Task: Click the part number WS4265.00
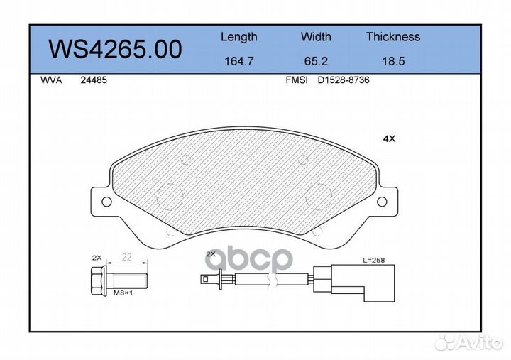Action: click(115, 49)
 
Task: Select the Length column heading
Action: click(239, 37)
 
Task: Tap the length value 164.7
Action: click(239, 61)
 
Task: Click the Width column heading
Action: click(316, 36)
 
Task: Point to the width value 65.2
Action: click(316, 61)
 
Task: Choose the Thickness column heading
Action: click(393, 36)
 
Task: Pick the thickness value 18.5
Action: click(393, 61)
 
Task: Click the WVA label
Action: click(51, 80)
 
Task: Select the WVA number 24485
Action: click(94, 80)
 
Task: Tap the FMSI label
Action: click(297, 80)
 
